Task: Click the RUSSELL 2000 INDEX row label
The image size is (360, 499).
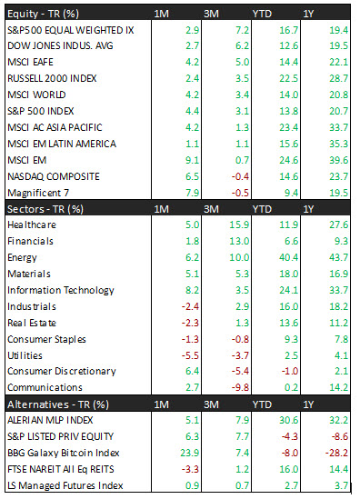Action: pyautogui.click(x=52, y=78)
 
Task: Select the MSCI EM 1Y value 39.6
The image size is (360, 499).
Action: pyautogui.click(x=339, y=160)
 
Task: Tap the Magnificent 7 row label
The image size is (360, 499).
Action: pyautogui.click(x=38, y=193)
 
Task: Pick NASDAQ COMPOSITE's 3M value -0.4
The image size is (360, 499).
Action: pyautogui.click(x=240, y=176)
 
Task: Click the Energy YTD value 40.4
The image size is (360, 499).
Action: pyautogui.click(x=289, y=257)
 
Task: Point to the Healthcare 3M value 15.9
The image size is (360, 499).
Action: pyautogui.click(x=239, y=225)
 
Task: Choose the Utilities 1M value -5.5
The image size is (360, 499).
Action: pyautogui.click(x=190, y=355)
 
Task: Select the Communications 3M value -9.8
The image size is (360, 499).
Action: pyautogui.click(x=240, y=387)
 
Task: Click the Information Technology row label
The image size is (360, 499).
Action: pyautogui.click(x=61, y=290)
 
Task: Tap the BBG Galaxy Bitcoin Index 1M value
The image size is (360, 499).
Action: pyautogui.click(x=190, y=453)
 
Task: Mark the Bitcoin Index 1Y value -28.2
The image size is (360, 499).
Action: pyautogui.click(x=336, y=453)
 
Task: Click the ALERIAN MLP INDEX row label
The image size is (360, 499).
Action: pyautogui.click(x=50, y=420)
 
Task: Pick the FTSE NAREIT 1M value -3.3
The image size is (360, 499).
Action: pyautogui.click(x=190, y=469)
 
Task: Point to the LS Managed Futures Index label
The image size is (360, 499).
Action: pyautogui.click(x=65, y=485)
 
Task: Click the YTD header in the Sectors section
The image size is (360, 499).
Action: pyautogui.click(x=262, y=209)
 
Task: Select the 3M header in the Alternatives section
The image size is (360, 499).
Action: pyautogui.click(x=211, y=404)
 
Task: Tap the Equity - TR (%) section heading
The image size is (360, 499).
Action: pyautogui.click(x=43, y=14)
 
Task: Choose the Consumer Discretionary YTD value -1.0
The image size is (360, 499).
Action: pyautogui.click(x=290, y=371)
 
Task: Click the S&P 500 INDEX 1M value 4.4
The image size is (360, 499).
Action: pyautogui.click(x=192, y=111)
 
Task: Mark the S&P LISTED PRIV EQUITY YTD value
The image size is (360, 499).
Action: pyautogui.click(x=290, y=436)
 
